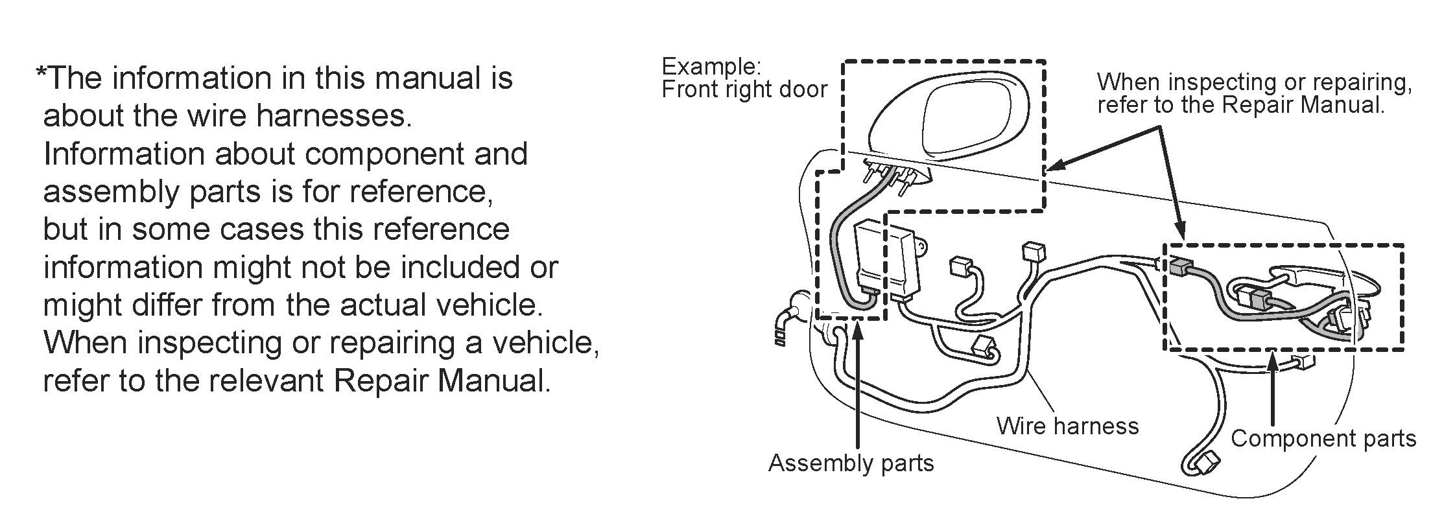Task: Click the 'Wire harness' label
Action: (1067, 426)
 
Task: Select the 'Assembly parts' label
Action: (851, 463)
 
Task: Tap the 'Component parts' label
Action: (1323, 439)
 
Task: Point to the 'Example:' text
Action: (711, 67)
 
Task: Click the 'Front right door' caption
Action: (744, 89)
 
